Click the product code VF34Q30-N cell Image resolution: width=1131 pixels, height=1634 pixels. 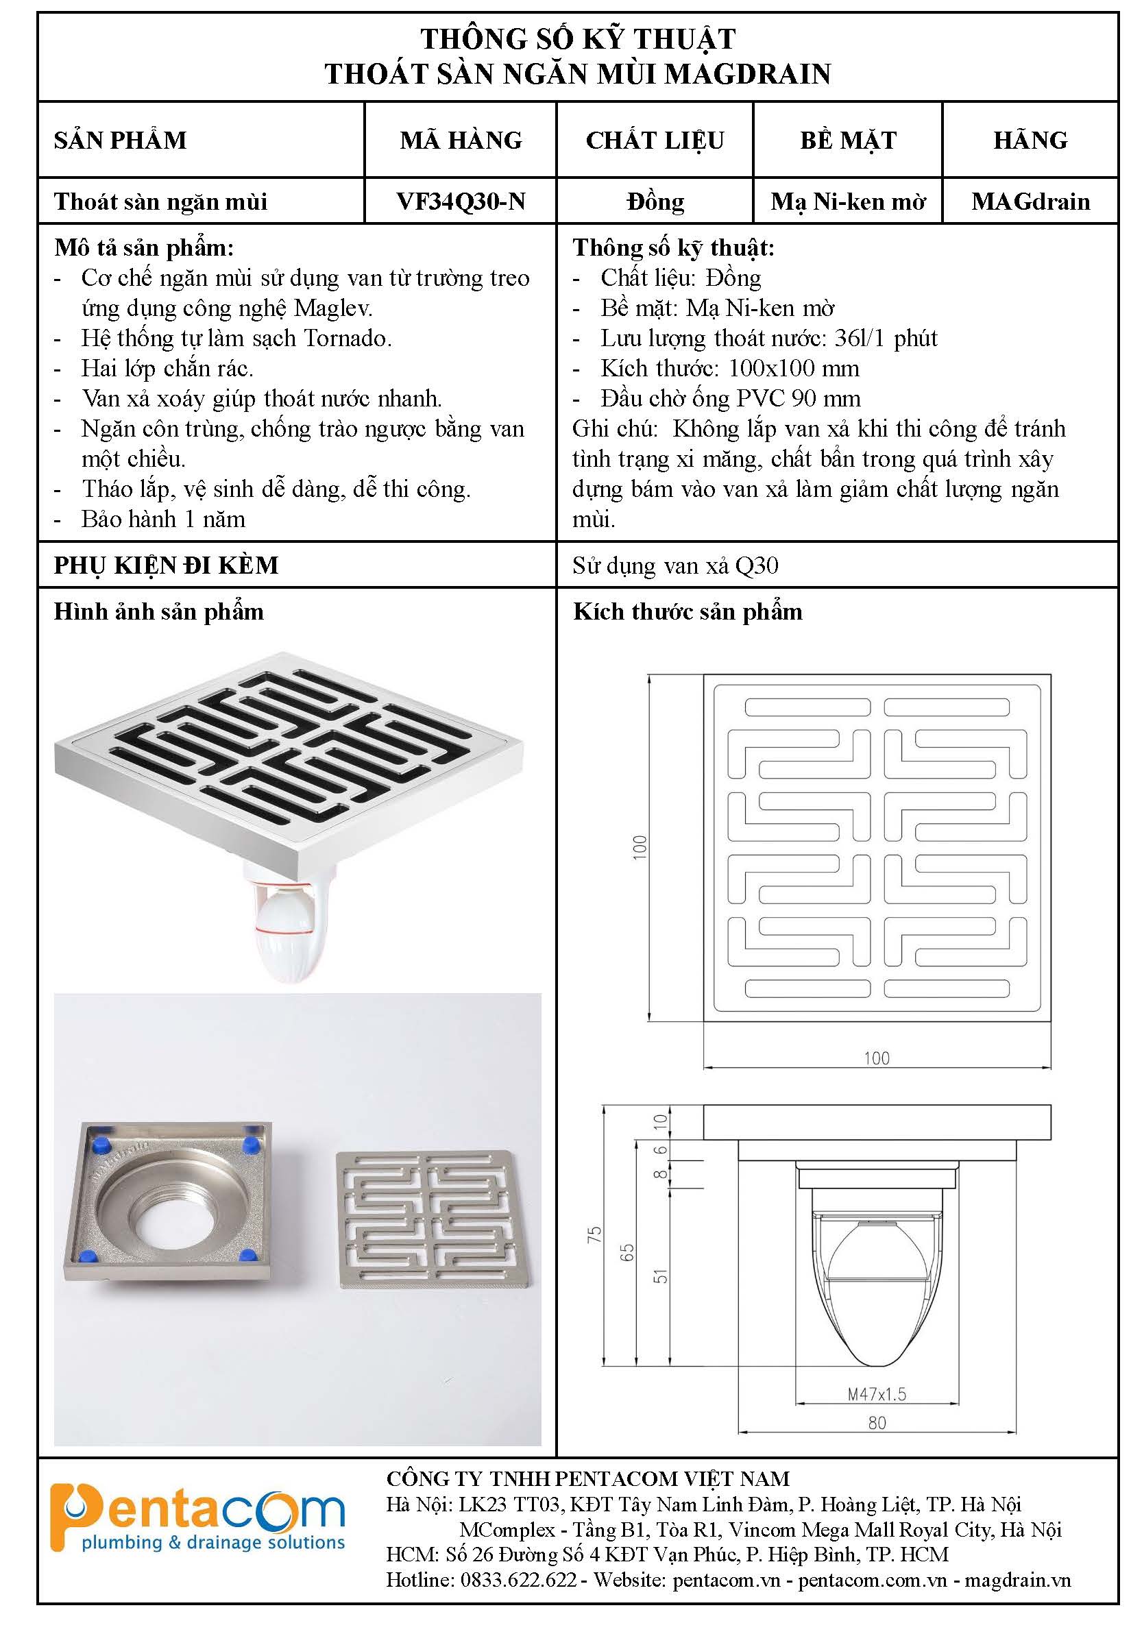461,202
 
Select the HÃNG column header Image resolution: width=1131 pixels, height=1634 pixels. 1030,140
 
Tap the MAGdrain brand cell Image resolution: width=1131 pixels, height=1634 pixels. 1030,202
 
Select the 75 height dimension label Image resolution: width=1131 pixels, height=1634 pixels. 594,1234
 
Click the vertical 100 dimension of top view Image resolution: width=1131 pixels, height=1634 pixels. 640,847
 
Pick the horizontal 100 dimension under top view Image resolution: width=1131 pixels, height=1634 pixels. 877,1058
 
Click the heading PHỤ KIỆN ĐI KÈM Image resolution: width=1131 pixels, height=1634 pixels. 167,565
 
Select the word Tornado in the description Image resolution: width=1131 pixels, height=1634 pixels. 348,338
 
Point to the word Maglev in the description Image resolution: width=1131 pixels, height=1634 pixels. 333,308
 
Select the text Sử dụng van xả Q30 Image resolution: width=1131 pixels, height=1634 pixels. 675,565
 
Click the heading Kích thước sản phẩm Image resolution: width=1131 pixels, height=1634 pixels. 688,611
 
